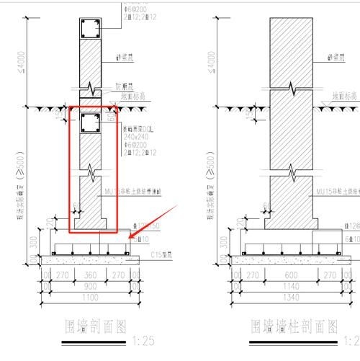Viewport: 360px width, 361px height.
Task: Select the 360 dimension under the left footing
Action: pos(90,275)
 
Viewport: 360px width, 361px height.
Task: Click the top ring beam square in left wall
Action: pos(89,29)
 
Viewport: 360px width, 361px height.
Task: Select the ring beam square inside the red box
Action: pos(90,123)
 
